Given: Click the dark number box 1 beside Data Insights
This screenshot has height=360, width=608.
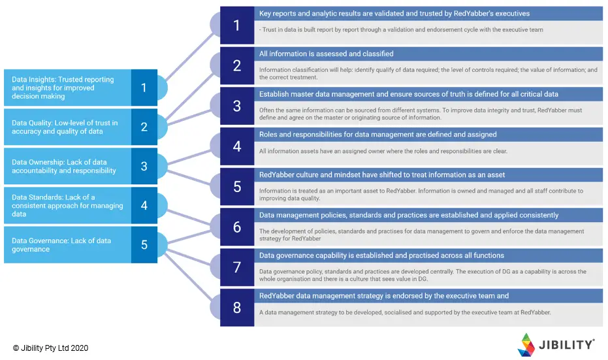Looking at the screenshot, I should (144, 88).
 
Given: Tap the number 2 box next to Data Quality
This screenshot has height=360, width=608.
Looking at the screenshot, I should (144, 127).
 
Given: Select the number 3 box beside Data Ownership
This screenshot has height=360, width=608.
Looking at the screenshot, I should (144, 166).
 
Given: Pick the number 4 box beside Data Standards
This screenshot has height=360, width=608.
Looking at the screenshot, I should (144, 205).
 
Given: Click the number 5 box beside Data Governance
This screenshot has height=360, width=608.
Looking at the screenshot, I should (144, 245).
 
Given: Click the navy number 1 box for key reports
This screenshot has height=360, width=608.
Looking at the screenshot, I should (236, 25).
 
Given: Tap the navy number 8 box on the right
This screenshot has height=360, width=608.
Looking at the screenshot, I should (236, 308).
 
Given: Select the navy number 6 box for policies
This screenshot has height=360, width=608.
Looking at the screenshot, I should (236, 227).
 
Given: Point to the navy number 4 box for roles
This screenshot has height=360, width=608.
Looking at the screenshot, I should (236, 146).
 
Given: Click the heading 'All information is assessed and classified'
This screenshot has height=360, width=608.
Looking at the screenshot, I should (327, 54).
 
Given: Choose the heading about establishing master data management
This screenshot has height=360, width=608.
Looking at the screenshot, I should (409, 94).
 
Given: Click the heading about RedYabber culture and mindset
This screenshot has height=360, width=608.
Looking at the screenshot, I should (382, 174).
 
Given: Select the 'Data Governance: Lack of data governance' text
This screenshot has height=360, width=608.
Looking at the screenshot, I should (61, 244).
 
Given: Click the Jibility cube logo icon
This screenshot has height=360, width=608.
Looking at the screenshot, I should (526, 344).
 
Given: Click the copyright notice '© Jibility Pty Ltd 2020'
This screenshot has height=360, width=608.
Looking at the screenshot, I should (50, 348).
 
